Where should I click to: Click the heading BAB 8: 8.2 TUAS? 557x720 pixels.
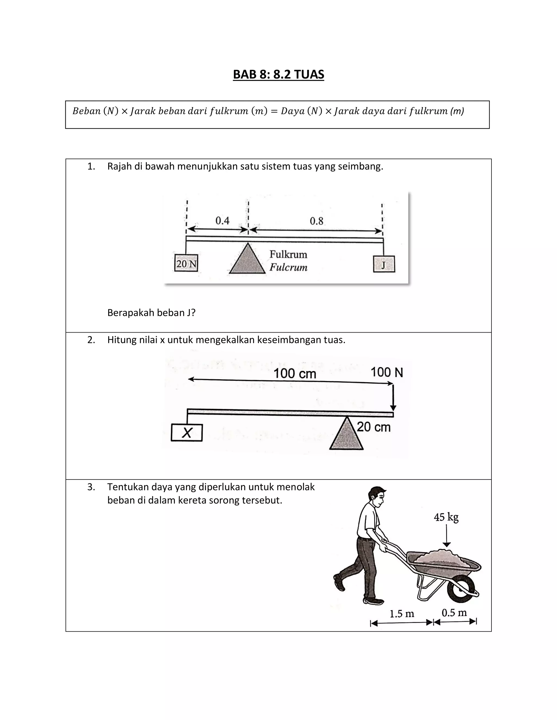coord(278,74)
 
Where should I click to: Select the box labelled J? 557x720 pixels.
coord(384,264)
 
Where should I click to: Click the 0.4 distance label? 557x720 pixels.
coord(222,221)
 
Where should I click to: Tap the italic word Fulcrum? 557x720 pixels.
coord(288,267)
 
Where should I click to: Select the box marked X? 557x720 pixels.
coord(187,433)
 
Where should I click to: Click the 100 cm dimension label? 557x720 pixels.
coord(295,374)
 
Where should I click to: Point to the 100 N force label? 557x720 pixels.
coord(386,372)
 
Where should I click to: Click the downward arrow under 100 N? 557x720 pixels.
coord(393,397)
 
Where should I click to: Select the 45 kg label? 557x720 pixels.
coord(446,517)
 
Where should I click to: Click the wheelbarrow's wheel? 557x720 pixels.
coord(461,589)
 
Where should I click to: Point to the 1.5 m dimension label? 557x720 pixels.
coord(402,614)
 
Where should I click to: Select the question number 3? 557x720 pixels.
coord(91,487)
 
